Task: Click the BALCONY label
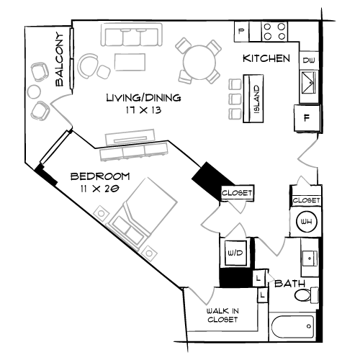[x=60, y=59]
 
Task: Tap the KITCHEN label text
[x=266, y=58]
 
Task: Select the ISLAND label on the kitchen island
[x=256, y=99]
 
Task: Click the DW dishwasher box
[x=309, y=60]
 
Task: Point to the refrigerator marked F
[x=307, y=118]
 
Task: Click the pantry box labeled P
[x=242, y=31]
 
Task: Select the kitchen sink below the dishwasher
[x=309, y=83]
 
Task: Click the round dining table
[x=199, y=63]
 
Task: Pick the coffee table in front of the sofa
[x=130, y=62]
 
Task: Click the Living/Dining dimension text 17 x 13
[x=143, y=110]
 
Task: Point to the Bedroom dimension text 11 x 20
[x=100, y=189]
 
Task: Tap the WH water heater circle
[x=307, y=221]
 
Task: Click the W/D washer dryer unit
[x=235, y=253]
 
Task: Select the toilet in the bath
[x=307, y=294]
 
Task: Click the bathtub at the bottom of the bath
[x=292, y=327]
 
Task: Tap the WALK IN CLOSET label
[x=222, y=315]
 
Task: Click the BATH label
[x=289, y=284]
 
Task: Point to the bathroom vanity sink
[x=310, y=258]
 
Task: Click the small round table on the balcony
[x=35, y=91]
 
